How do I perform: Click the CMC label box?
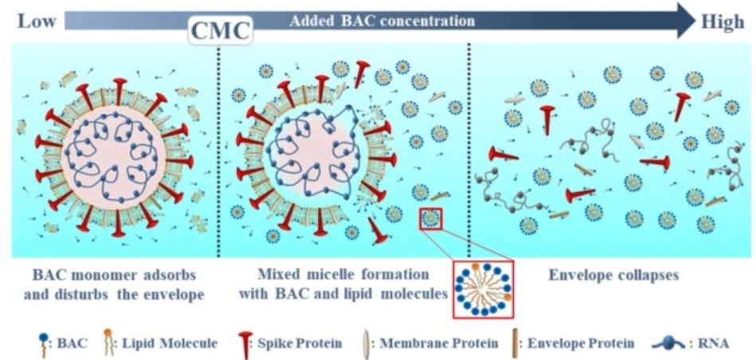(x=221, y=30)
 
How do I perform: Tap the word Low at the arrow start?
(x=37, y=22)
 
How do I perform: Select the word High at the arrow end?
(x=722, y=22)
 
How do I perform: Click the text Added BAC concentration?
(x=382, y=21)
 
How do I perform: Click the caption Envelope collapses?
(x=613, y=276)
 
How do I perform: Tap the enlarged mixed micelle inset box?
(x=484, y=289)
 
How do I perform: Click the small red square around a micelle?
(x=430, y=218)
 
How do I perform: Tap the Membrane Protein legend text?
(x=439, y=343)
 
